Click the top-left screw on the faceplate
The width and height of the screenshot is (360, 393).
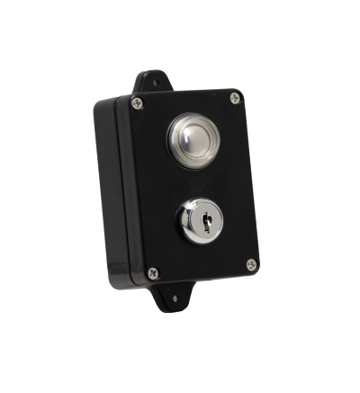137,103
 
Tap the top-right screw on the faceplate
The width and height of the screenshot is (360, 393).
235,98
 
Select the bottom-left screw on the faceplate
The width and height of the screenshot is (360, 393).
152,272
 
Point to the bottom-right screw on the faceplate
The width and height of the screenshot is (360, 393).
251,264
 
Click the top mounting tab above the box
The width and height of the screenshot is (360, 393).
151,82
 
